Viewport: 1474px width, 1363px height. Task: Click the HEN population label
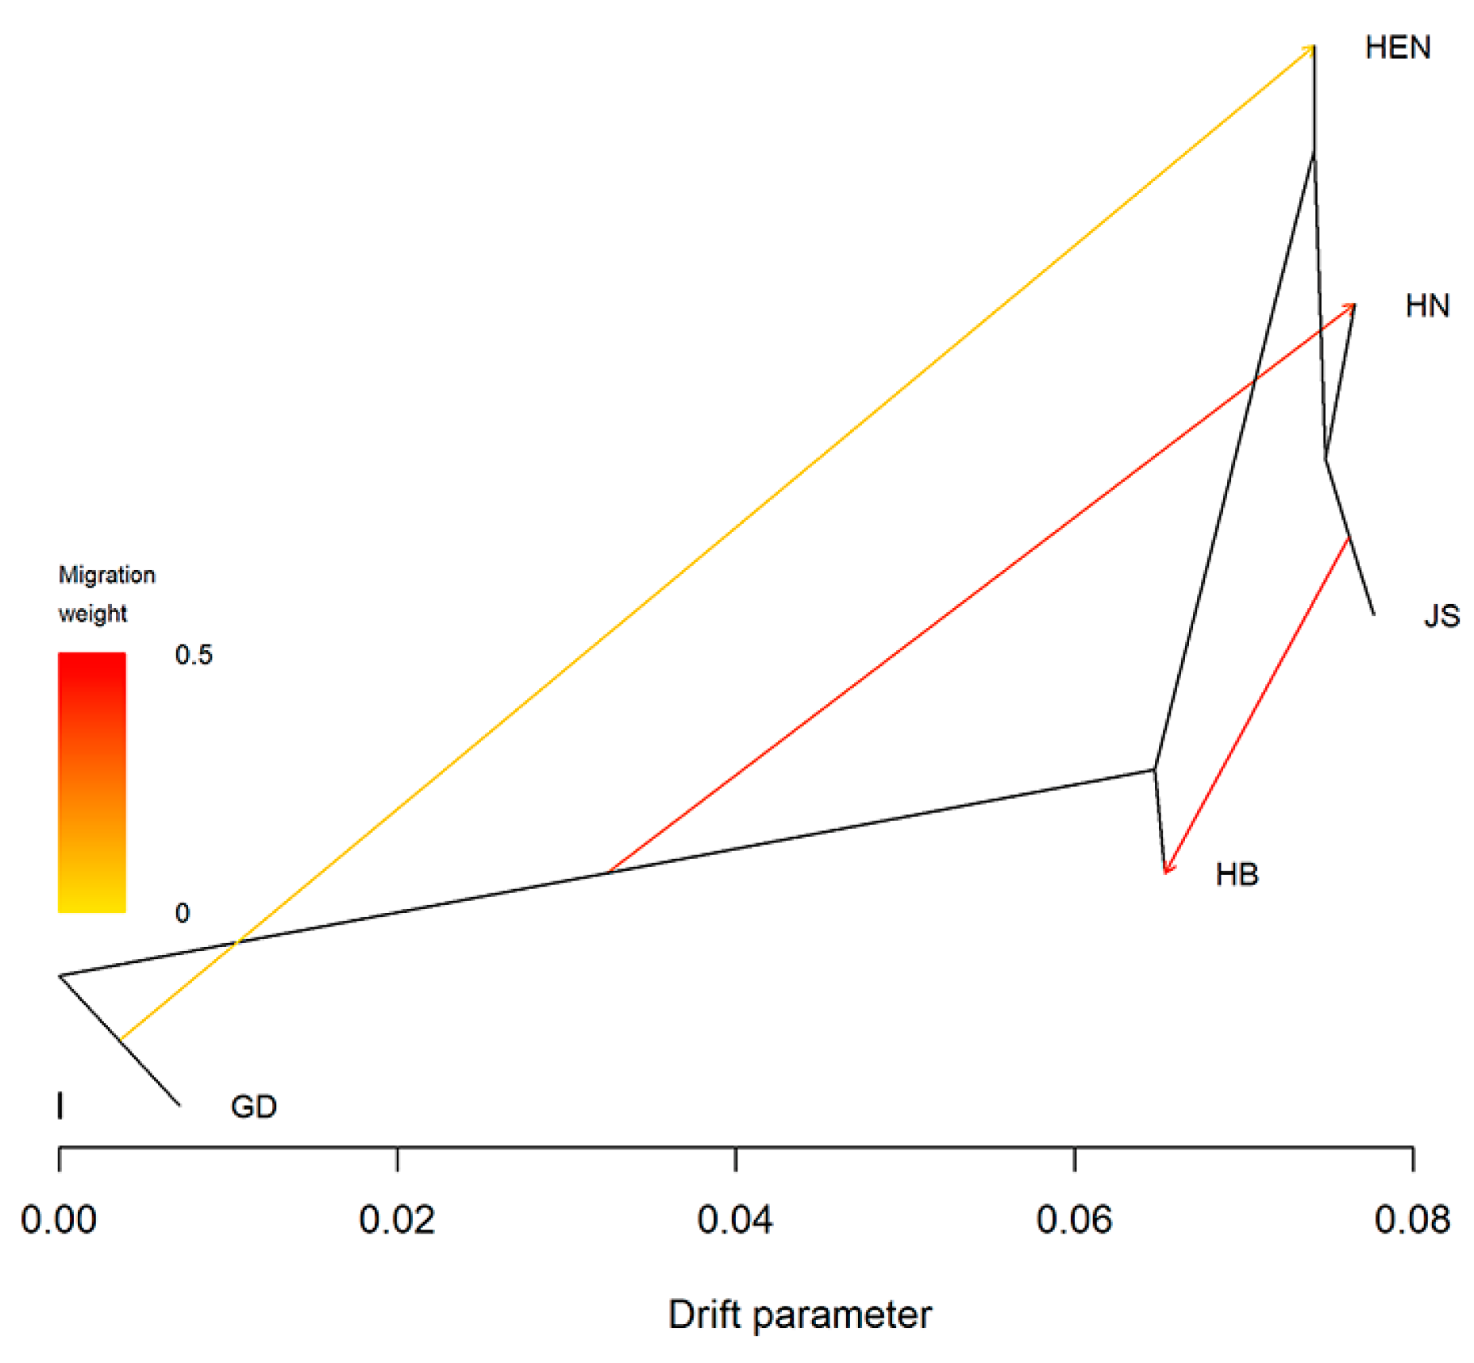(1397, 48)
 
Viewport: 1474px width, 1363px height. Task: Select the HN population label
(1426, 306)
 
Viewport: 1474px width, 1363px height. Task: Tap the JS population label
(1441, 616)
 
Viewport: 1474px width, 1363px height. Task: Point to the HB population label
(1237, 874)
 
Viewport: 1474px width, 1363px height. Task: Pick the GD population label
(253, 1107)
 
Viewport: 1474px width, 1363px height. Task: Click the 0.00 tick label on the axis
(59, 1220)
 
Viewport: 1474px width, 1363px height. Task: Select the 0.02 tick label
(397, 1220)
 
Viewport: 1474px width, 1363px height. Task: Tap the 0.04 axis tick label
(735, 1220)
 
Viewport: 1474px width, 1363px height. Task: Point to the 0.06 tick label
(1074, 1220)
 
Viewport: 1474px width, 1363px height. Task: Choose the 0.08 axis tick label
(1412, 1220)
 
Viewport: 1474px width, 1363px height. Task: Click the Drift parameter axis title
(799, 1315)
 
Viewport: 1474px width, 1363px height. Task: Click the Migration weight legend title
(106, 594)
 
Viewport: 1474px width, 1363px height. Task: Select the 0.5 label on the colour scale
(194, 655)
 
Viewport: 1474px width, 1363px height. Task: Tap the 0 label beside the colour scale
(183, 913)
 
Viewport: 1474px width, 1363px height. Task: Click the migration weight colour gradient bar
(92, 782)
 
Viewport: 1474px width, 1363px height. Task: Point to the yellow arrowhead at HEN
(1310, 49)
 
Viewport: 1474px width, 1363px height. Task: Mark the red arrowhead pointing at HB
(1167, 869)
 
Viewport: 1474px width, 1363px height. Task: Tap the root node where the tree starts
(60, 976)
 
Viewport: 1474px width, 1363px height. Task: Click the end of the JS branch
(1374, 614)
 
